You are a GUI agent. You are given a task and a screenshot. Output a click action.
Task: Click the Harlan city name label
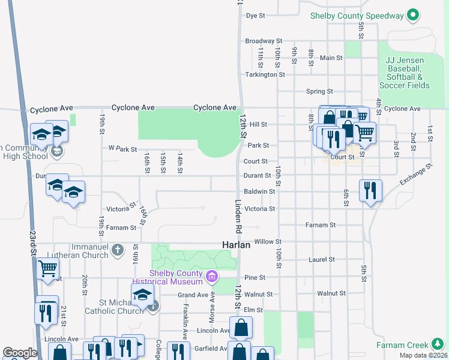pyautogui.click(x=236, y=245)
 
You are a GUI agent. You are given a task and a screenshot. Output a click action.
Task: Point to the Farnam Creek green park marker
pyautogui.click(x=437, y=344)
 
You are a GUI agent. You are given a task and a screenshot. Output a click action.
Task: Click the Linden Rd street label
pyautogui.click(x=238, y=217)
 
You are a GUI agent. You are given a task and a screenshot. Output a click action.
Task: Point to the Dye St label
pyautogui.click(x=256, y=16)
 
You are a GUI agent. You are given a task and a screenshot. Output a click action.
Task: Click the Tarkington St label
pyautogui.click(x=265, y=74)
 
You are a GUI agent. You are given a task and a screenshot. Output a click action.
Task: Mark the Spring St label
pyautogui.click(x=319, y=91)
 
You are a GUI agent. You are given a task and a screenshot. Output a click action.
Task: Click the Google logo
pyautogui.click(x=20, y=353)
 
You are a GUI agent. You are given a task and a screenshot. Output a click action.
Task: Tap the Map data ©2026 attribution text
pyautogui.click(x=423, y=355)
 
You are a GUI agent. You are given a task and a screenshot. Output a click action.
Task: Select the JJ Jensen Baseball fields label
pyautogui.click(x=408, y=73)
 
